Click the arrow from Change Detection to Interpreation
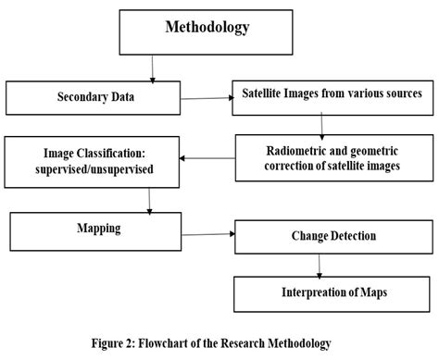click(x=320, y=264)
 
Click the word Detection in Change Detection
click(x=344, y=236)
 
